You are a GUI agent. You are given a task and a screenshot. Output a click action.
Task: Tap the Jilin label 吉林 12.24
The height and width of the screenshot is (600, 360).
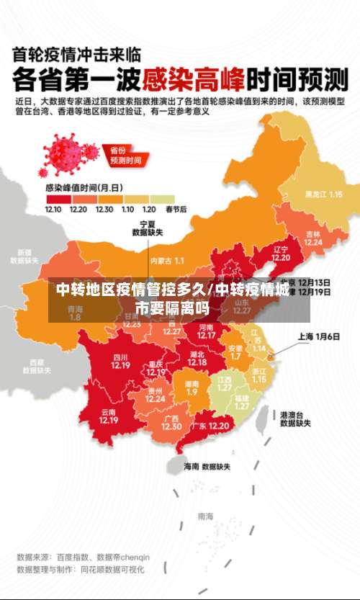point(312,238)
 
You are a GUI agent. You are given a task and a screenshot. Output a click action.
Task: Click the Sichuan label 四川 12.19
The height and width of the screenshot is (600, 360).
point(120,361)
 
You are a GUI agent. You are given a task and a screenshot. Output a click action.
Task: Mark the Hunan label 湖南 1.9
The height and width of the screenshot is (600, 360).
point(192,388)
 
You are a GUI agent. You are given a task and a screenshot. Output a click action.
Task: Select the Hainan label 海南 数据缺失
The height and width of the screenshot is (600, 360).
point(207,467)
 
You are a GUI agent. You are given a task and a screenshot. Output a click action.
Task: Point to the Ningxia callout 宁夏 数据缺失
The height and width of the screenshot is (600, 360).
point(148,228)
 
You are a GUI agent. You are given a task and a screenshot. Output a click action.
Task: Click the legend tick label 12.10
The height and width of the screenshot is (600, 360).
point(53,209)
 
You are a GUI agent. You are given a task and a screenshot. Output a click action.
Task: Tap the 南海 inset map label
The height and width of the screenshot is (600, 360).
point(205,516)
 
